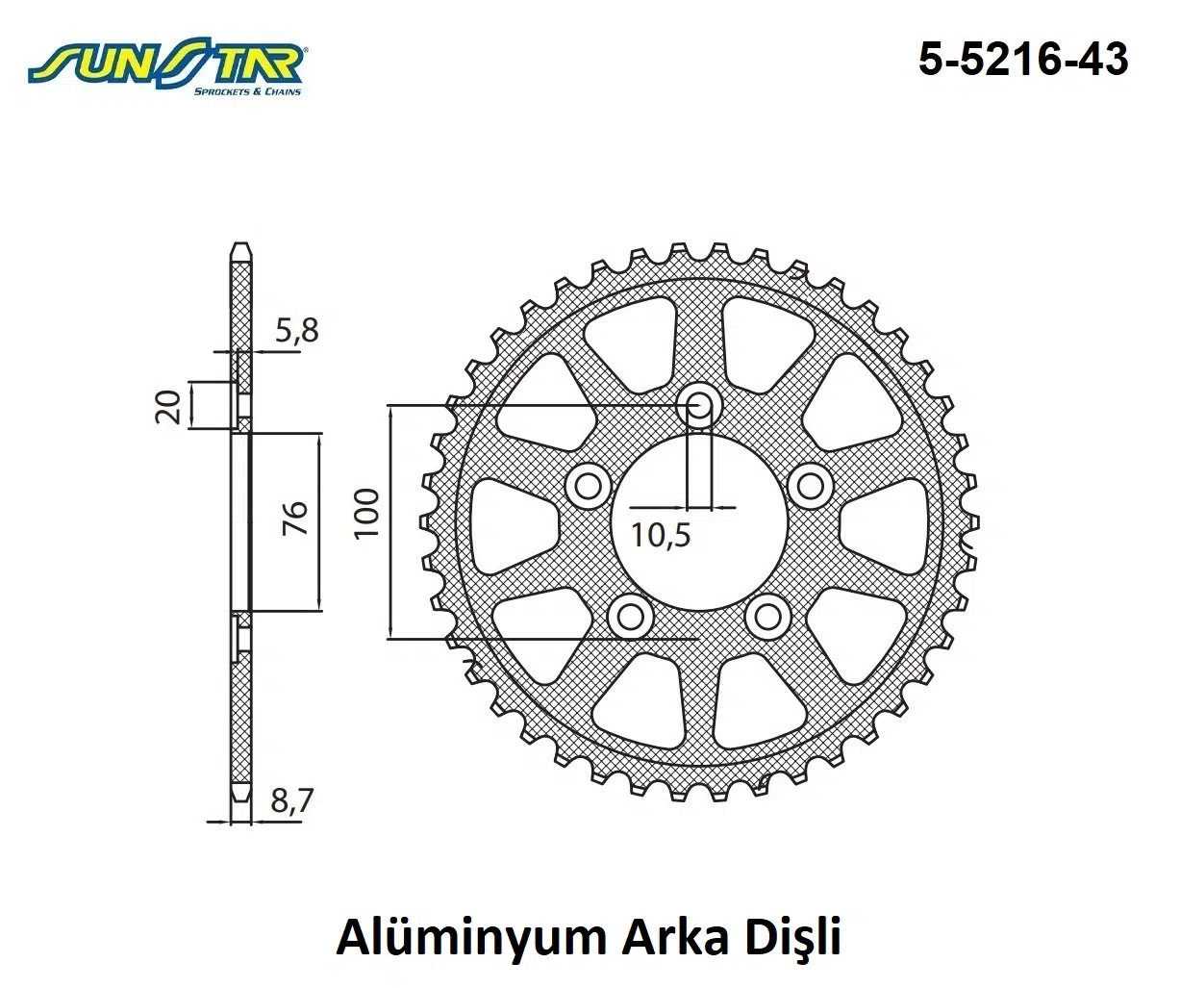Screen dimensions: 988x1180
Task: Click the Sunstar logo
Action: pyautogui.click(x=166, y=67)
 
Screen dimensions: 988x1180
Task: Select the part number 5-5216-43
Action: pyautogui.click(x=1022, y=60)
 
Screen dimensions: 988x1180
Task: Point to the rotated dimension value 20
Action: pyautogui.click(x=169, y=406)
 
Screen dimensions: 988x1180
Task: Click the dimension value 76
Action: pyautogui.click(x=295, y=519)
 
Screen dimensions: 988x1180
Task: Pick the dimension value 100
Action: pyautogui.click(x=367, y=514)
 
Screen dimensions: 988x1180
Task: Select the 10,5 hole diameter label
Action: pyautogui.click(x=662, y=533)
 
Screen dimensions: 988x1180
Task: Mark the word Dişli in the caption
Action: pyautogui.click(x=793, y=938)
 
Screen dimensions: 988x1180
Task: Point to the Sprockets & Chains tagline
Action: pyautogui.click(x=247, y=91)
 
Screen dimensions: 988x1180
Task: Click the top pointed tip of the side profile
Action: pyautogui.click(x=241, y=247)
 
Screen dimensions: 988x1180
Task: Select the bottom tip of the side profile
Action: pyautogui.click(x=241, y=800)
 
